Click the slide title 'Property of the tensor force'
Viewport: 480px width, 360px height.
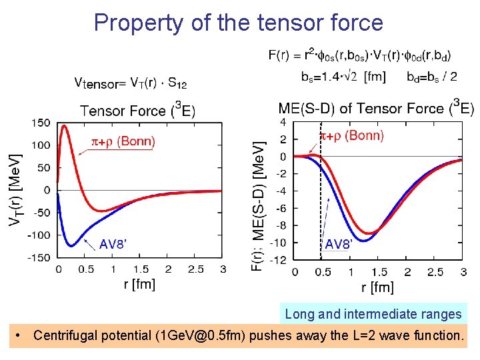pyautogui.click(x=239, y=23)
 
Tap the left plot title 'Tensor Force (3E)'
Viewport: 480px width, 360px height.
pyautogui.click(x=138, y=109)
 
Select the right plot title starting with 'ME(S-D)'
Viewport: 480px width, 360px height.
pyautogui.click(x=376, y=108)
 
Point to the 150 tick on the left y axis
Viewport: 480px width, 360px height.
pyautogui.click(x=41, y=123)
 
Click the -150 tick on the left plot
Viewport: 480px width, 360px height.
pyautogui.click(x=39, y=257)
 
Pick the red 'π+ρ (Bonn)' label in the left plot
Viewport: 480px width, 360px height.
pyautogui.click(x=123, y=141)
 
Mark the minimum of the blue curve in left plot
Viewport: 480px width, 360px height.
pyautogui.click(x=71, y=246)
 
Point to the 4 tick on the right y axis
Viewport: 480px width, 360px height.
pyautogui.click(x=283, y=123)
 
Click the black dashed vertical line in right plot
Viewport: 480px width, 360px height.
pyautogui.click(x=321, y=200)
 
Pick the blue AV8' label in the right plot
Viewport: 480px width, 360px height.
pyautogui.click(x=338, y=245)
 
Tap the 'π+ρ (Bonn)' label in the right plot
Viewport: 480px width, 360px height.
pyautogui.click(x=353, y=136)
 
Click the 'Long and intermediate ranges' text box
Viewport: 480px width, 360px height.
pyautogui.click(x=373, y=314)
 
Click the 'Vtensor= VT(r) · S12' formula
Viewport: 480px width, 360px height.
pyautogui.click(x=131, y=83)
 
